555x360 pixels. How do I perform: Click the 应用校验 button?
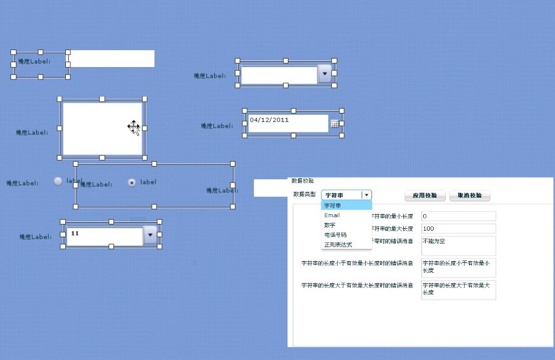click(x=425, y=195)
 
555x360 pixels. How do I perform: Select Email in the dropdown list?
click(x=332, y=215)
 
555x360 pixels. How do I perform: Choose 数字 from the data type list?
click(x=330, y=225)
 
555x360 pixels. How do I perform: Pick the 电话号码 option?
click(x=335, y=235)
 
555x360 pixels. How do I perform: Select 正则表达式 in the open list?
click(x=338, y=245)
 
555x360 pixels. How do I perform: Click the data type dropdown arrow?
click(x=366, y=195)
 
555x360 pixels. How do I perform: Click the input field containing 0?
click(x=458, y=216)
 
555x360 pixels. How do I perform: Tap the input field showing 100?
click(x=458, y=228)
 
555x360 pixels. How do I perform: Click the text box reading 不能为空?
click(x=458, y=245)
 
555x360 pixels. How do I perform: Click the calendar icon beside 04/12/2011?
click(x=334, y=124)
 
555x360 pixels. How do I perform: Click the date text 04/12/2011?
click(x=269, y=120)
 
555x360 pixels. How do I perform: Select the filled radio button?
click(x=132, y=182)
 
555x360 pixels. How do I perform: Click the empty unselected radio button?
click(x=58, y=181)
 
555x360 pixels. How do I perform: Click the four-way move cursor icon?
click(x=134, y=126)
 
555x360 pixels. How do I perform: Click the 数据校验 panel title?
click(x=303, y=181)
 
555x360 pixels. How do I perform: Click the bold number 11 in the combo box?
click(x=75, y=233)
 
